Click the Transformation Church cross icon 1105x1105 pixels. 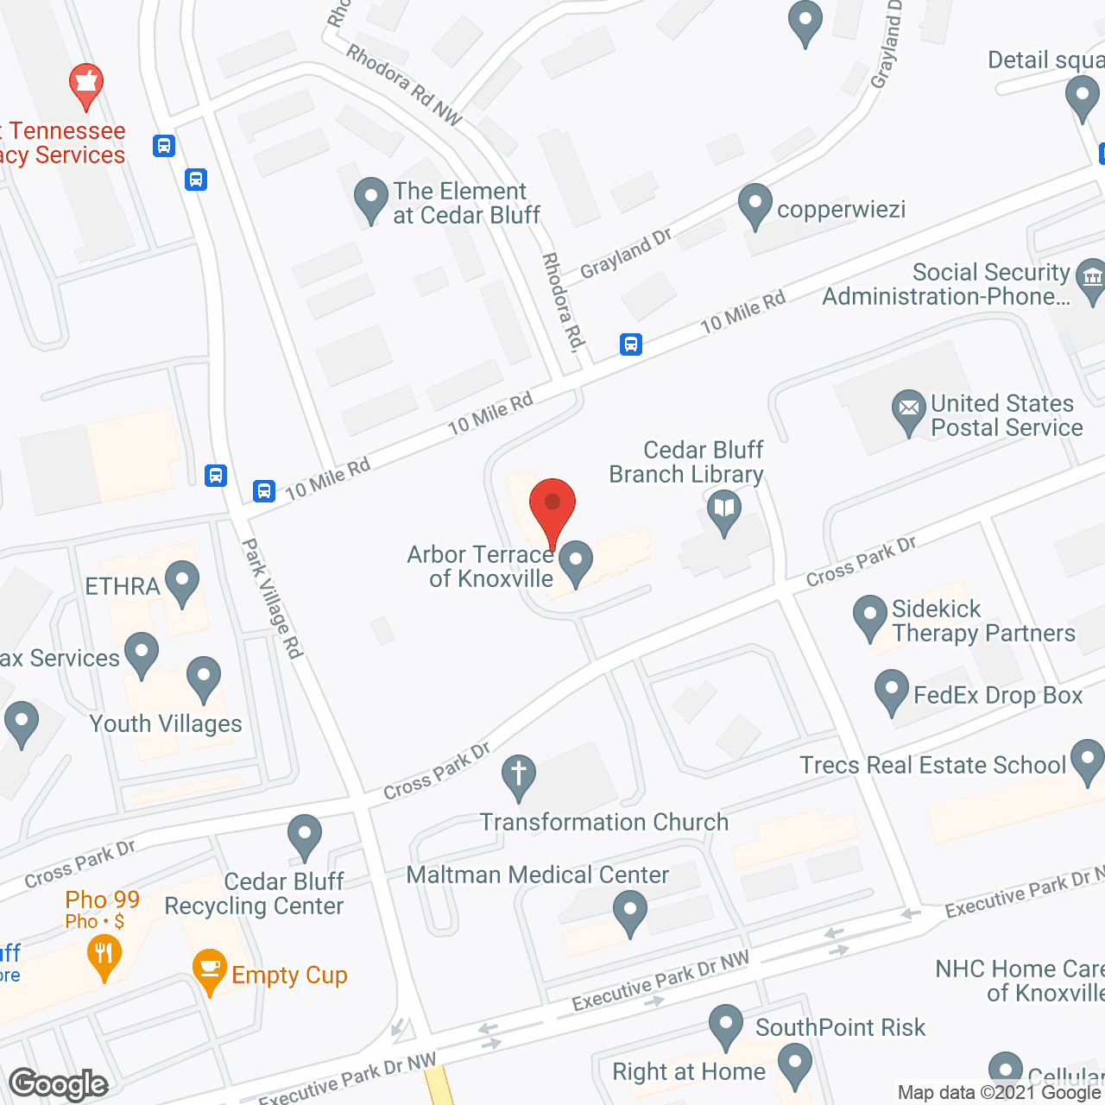pos(518,773)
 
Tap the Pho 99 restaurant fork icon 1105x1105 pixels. pos(104,955)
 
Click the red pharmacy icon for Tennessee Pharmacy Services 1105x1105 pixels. pos(85,83)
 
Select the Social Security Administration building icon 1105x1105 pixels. pos(1091,278)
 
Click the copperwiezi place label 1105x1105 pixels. pos(841,210)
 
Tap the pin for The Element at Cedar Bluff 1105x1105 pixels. pos(371,198)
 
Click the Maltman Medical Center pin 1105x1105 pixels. pos(629,911)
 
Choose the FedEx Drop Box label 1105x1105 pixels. pos(997,696)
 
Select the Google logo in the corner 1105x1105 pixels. pos(58,1083)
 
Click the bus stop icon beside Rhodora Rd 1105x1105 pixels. pos(631,344)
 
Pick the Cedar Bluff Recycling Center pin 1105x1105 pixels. pos(304,835)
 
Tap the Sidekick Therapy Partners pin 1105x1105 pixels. pos(869,616)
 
